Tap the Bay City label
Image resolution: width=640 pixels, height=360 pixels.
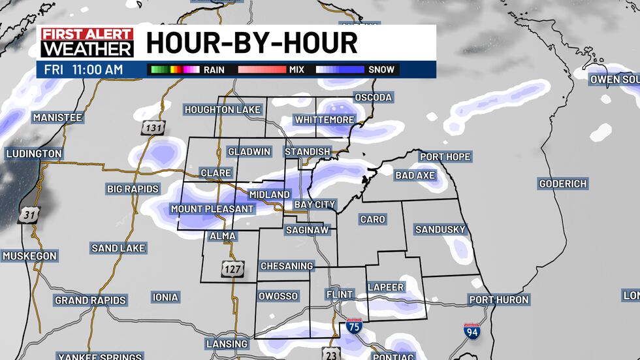point(314,205)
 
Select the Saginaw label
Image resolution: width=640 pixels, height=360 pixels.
point(307,230)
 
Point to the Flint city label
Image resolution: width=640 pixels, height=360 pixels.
point(339,295)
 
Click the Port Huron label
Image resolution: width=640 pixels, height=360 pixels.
point(498,300)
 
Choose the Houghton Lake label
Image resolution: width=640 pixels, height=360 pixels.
point(222,110)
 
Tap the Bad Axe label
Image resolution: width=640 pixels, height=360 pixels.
point(415,175)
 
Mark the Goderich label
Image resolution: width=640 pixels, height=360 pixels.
point(563,184)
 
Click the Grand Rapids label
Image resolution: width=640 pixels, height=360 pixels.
point(90,301)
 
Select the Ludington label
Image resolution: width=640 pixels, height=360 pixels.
point(33,154)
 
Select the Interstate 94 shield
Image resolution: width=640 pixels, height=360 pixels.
point(472,331)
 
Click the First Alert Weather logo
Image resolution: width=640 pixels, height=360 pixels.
point(87,42)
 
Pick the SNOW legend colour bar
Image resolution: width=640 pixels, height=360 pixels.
point(340,69)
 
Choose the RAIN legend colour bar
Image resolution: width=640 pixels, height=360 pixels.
point(174,69)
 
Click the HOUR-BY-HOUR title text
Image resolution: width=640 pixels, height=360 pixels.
point(251,43)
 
